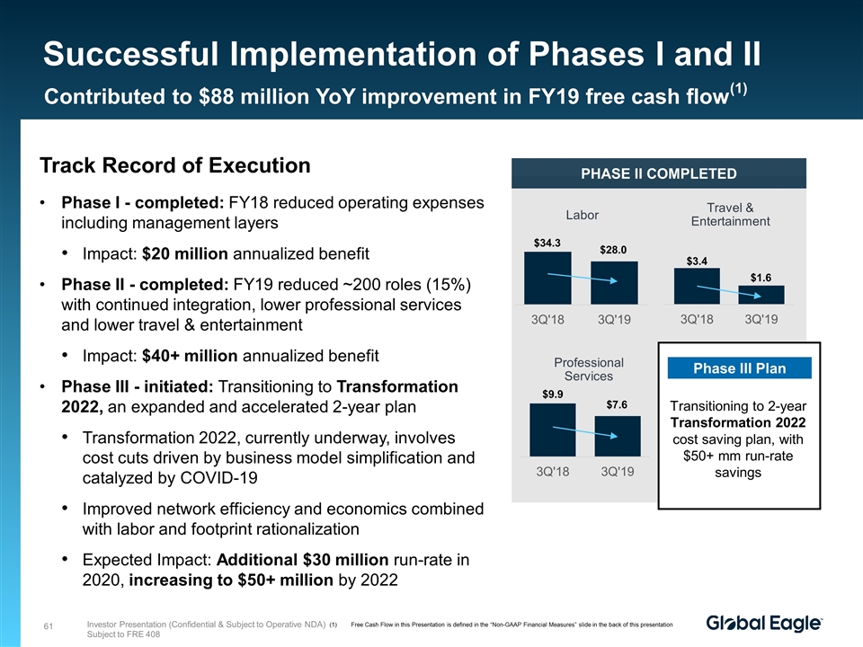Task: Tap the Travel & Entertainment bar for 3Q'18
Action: tap(697, 287)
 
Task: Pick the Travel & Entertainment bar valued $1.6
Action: tap(761, 296)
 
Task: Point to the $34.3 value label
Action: tap(547, 242)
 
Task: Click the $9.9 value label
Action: tap(552, 394)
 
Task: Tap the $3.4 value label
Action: tap(697, 261)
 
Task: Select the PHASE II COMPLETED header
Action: tap(658, 174)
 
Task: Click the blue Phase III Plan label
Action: tap(740, 368)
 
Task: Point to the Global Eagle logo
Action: tap(764, 624)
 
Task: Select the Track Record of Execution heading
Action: tap(175, 166)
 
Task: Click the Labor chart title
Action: tap(582, 215)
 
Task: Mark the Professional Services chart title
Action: tap(587, 368)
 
